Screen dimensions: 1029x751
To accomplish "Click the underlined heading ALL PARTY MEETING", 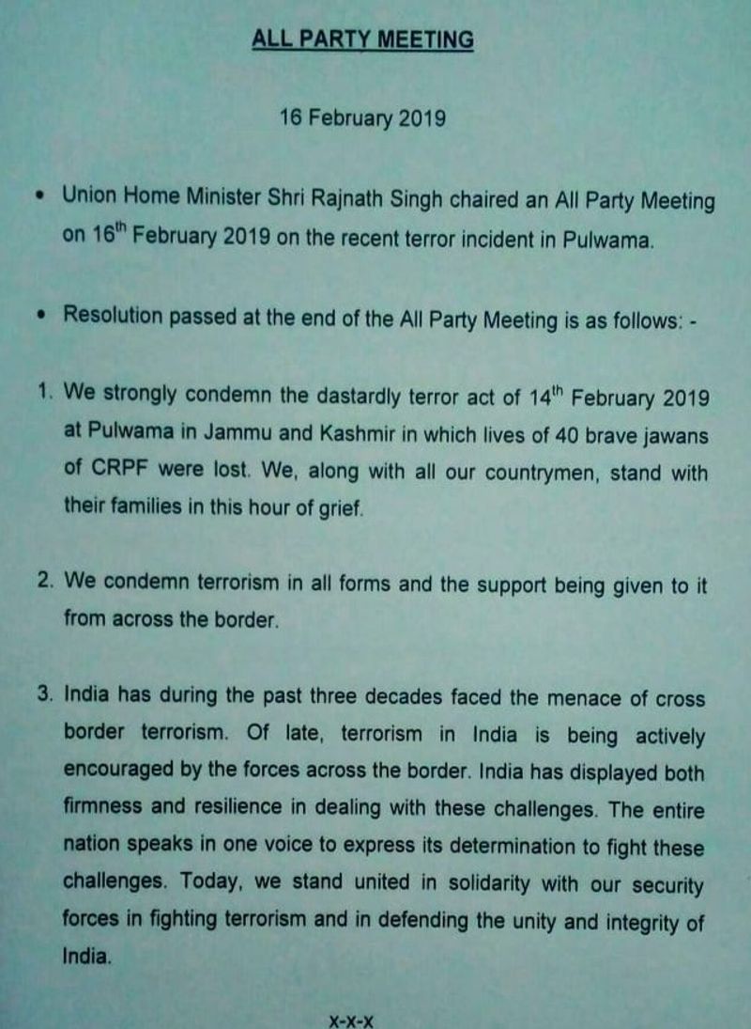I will pyautogui.click(x=362, y=40).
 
